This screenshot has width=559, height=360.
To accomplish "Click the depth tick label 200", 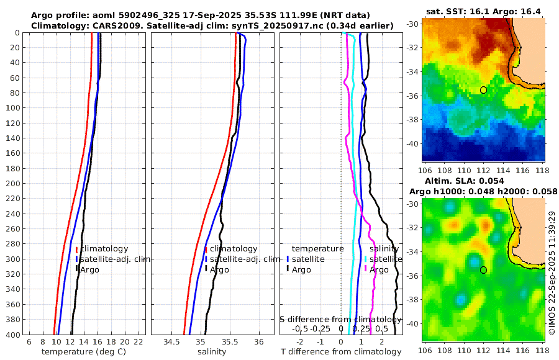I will [12, 184].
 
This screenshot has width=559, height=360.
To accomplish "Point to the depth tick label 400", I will [12, 335].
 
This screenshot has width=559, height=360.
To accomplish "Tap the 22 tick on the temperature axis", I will [139, 342].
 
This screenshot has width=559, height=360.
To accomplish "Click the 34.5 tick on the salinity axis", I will [171, 342].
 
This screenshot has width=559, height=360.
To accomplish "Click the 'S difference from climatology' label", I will [342, 319].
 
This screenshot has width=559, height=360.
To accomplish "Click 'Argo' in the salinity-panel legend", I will [220, 270].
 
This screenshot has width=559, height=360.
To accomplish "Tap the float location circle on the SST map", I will [483, 90].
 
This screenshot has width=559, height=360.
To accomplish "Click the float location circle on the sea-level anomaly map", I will [483, 270].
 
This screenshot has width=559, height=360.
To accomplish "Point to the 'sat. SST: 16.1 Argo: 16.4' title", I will [483, 11].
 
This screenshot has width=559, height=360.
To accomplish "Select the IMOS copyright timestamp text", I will [552, 273].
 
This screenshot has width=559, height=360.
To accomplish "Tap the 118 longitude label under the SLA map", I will [541, 351].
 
